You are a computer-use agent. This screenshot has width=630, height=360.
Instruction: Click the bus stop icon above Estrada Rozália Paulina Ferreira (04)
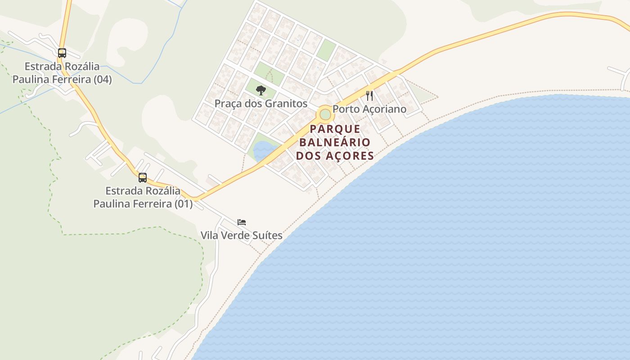coord(62,53)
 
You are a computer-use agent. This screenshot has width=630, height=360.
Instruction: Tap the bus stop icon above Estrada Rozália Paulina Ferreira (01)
coord(143,178)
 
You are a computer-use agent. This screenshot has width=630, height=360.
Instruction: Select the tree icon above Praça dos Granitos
coord(261,90)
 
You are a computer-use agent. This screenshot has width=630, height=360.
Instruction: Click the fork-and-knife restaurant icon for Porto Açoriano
coord(369,96)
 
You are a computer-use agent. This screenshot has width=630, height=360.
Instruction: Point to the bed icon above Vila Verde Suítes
coord(242,222)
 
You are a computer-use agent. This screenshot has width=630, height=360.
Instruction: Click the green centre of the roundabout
coord(325,114)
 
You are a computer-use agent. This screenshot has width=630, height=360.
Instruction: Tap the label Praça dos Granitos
coord(261,103)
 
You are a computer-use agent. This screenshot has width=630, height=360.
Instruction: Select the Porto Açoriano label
coord(369,109)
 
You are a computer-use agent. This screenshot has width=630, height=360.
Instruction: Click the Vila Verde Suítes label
coord(241,235)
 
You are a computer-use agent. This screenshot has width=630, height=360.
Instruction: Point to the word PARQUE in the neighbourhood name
coord(335,129)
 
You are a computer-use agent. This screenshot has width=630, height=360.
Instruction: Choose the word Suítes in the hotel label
coord(267,235)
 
